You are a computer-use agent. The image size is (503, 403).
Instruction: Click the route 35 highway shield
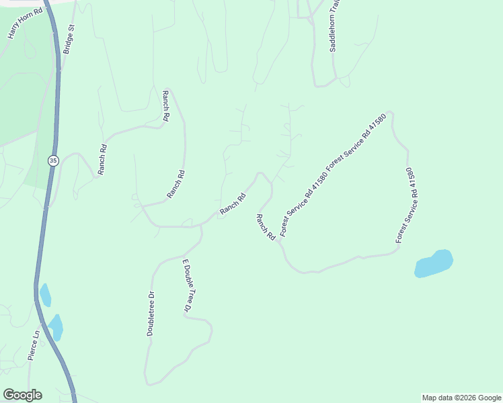tap(52, 161)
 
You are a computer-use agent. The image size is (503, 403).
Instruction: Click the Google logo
tap(22, 395)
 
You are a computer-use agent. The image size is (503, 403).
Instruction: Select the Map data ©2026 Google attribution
tap(461, 398)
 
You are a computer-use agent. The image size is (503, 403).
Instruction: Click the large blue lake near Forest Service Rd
tap(433, 263)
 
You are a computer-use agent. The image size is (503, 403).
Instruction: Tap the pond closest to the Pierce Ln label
tap(55, 328)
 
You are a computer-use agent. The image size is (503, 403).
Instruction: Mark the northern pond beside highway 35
tap(45, 295)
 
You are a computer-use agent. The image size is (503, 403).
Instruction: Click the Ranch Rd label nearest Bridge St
tap(103, 160)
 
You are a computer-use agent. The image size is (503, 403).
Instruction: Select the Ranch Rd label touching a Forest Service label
tap(266, 227)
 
